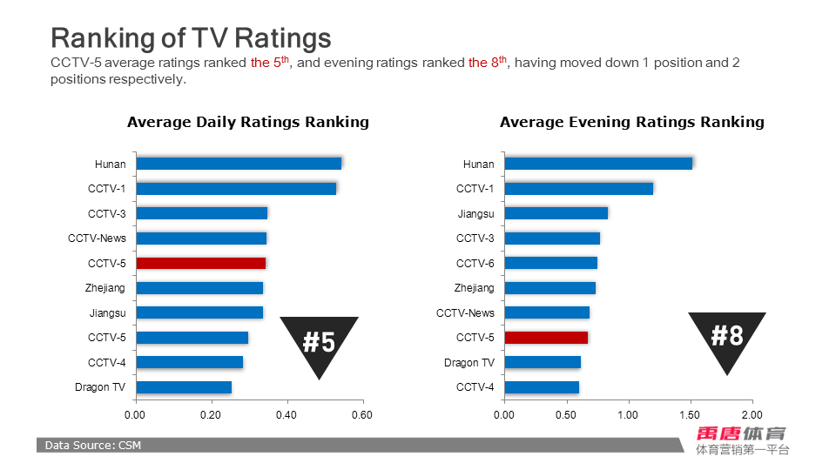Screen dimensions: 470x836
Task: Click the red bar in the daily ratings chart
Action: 200,263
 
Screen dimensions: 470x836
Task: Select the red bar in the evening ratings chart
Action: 546,338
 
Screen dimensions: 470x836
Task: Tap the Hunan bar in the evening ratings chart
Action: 598,164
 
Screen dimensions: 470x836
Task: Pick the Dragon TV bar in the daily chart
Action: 184,387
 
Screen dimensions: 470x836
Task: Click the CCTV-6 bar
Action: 550,263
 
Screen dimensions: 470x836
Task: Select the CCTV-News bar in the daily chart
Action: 201,238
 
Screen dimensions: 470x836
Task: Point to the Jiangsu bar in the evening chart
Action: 556,213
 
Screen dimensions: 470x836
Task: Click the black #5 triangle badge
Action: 319,339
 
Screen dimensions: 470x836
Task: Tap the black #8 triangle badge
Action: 727,335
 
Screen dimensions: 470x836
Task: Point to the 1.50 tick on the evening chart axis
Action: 690,415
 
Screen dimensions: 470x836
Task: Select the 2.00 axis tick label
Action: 752,415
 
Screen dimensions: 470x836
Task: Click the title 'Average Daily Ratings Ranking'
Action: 248,122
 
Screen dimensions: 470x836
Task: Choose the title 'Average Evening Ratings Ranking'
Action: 631,122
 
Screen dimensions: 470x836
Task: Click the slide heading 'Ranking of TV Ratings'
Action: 191,38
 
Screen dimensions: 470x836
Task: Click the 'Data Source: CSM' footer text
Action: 93,446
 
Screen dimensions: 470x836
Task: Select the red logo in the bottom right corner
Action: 741,433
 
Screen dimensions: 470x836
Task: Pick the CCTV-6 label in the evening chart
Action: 475,263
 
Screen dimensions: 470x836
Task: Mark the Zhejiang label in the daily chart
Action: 106,288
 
